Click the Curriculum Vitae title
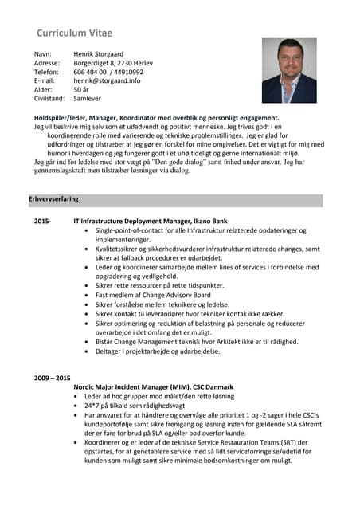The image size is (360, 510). click(75, 33)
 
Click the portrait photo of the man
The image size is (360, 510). click(289, 70)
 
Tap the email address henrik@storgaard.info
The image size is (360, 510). click(108, 80)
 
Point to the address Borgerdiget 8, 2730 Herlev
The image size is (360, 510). click(114, 62)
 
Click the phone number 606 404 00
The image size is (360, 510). click(90, 71)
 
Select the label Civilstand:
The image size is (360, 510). click(49, 99)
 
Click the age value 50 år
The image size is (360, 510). click(81, 90)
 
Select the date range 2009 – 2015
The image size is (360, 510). click(53, 377)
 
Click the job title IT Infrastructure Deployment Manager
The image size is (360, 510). click(131, 220)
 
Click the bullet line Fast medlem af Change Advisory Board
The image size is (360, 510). click(152, 294)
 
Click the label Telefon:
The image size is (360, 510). click(46, 71)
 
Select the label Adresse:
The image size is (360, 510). click(47, 62)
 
